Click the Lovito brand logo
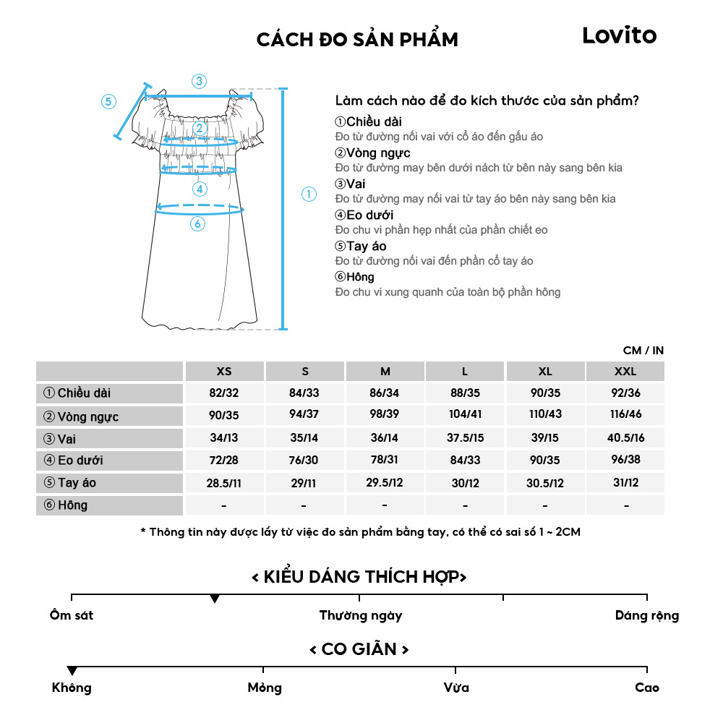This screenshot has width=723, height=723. pos(619,35)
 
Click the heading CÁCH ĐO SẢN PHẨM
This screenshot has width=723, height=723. pos(357,40)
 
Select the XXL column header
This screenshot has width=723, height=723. pos(625,372)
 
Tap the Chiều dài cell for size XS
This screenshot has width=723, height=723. pos(224,394)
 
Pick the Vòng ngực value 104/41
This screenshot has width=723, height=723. pos(465,416)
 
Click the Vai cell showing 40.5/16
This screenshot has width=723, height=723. pos(625,438)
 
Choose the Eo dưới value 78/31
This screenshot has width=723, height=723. pos(385,461)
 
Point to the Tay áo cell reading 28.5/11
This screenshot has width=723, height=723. pos(224,483)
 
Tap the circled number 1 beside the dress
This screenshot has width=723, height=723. pos(309,194)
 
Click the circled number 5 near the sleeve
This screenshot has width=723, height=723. pos(108,101)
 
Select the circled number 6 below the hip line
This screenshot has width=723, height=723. pos(197,224)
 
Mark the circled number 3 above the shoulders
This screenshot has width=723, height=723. pos(199,81)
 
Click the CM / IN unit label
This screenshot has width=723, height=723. pos(643,351)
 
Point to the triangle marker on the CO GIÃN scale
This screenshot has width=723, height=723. pos(72,671)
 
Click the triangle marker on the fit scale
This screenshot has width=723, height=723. pos(215,599)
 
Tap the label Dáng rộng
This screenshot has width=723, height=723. pos(647,616)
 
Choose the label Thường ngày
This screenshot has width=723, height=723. pos(360,616)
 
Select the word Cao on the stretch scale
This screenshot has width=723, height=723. pos(646,688)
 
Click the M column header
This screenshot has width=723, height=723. pos(385,372)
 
